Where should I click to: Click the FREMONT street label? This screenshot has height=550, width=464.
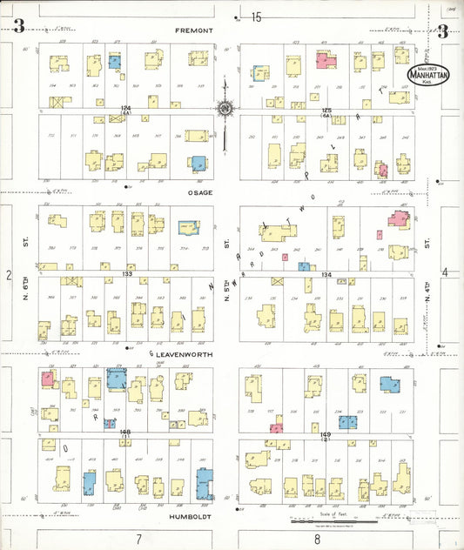(x=194, y=30)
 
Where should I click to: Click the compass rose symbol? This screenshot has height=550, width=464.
(x=225, y=109)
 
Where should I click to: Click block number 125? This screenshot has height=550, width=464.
(x=326, y=111)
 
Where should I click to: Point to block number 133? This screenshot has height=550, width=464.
(x=127, y=274)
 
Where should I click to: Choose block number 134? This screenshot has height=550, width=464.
(x=326, y=275)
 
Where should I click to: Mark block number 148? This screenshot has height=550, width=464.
(x=125, y=433)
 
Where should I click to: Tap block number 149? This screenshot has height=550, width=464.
(x=326, y=434)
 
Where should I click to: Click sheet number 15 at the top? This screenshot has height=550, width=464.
(x=256, y=17)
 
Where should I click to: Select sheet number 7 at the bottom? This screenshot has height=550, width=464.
(x=138, y=539)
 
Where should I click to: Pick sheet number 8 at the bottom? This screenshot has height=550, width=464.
(x=317, y=539)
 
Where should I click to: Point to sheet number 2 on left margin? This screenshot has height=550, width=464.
(x=9, y=275)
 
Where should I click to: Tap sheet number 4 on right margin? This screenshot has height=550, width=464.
(x=444, y=273)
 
